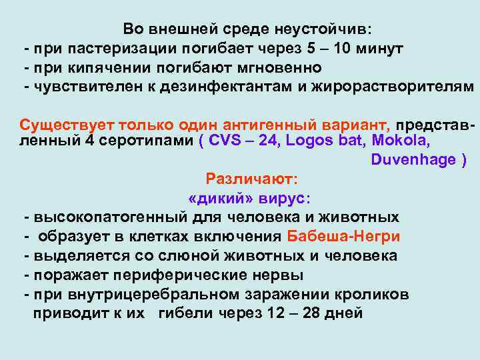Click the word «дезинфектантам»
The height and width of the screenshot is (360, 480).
coord(232,87)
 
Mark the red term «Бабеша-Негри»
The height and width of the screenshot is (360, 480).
coord(343,237)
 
